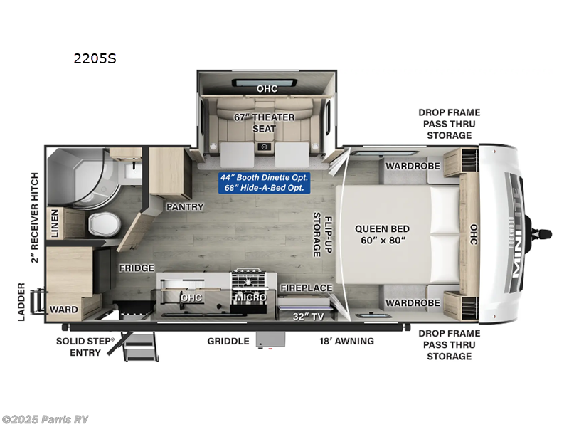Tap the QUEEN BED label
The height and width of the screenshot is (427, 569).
[382, 234]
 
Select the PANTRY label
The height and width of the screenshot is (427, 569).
[185, 207]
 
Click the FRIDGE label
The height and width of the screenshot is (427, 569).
[137, 268]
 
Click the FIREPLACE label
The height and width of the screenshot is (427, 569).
[306, 288]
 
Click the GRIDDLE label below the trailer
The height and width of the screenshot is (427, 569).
[228, 341]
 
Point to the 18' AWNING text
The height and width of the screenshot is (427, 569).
[346, 341]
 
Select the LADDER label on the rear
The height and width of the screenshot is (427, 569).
[21, 302]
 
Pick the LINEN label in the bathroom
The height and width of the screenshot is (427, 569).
[54, 223]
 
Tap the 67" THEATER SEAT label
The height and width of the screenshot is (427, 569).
[264, 122]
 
